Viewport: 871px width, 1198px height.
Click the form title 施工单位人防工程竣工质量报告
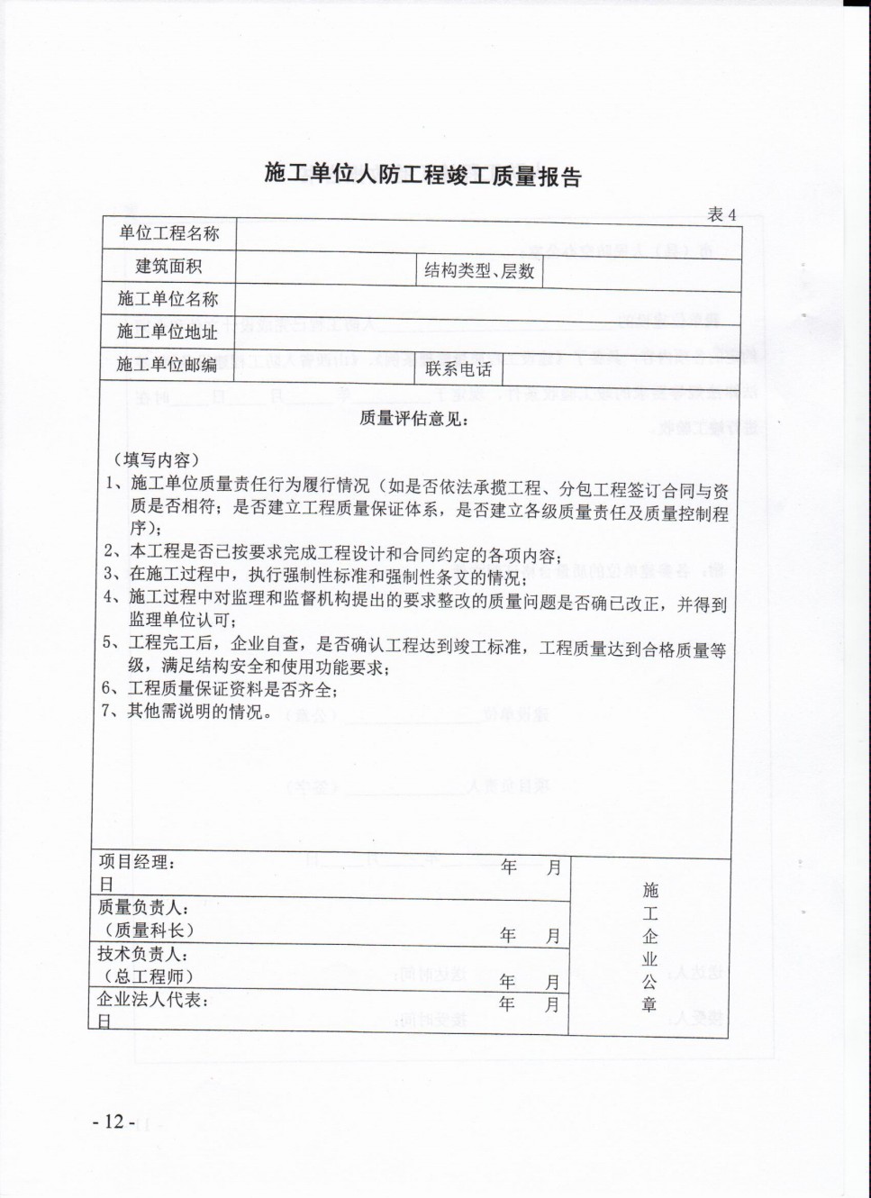pos(422,174)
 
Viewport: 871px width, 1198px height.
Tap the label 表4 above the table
pos(721,214)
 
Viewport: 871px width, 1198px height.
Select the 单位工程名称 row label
pos(169,233)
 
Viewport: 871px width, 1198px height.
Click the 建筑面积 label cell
pos(168,266)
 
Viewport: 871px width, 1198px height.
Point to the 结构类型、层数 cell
pos(479,270)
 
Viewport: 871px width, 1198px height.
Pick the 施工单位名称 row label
pos(168,299)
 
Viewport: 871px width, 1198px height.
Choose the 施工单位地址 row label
pos(168,331)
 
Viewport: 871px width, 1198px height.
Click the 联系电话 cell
pos(458,369)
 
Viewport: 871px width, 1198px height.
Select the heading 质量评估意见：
pos(413,418)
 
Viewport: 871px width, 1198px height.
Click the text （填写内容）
pos(156,459)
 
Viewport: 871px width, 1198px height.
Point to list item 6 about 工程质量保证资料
pos(219,690)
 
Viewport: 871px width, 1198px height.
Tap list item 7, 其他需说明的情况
pos(186,712)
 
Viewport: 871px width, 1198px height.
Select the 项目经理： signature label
pos(137,862)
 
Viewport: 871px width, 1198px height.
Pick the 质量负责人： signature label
pos(142,908)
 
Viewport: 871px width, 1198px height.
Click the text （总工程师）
pos(149,976)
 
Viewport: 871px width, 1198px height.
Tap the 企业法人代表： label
pos(153,999)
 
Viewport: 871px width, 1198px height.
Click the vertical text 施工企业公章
pos(650,947)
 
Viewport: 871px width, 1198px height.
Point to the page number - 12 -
pos(113,1121)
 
